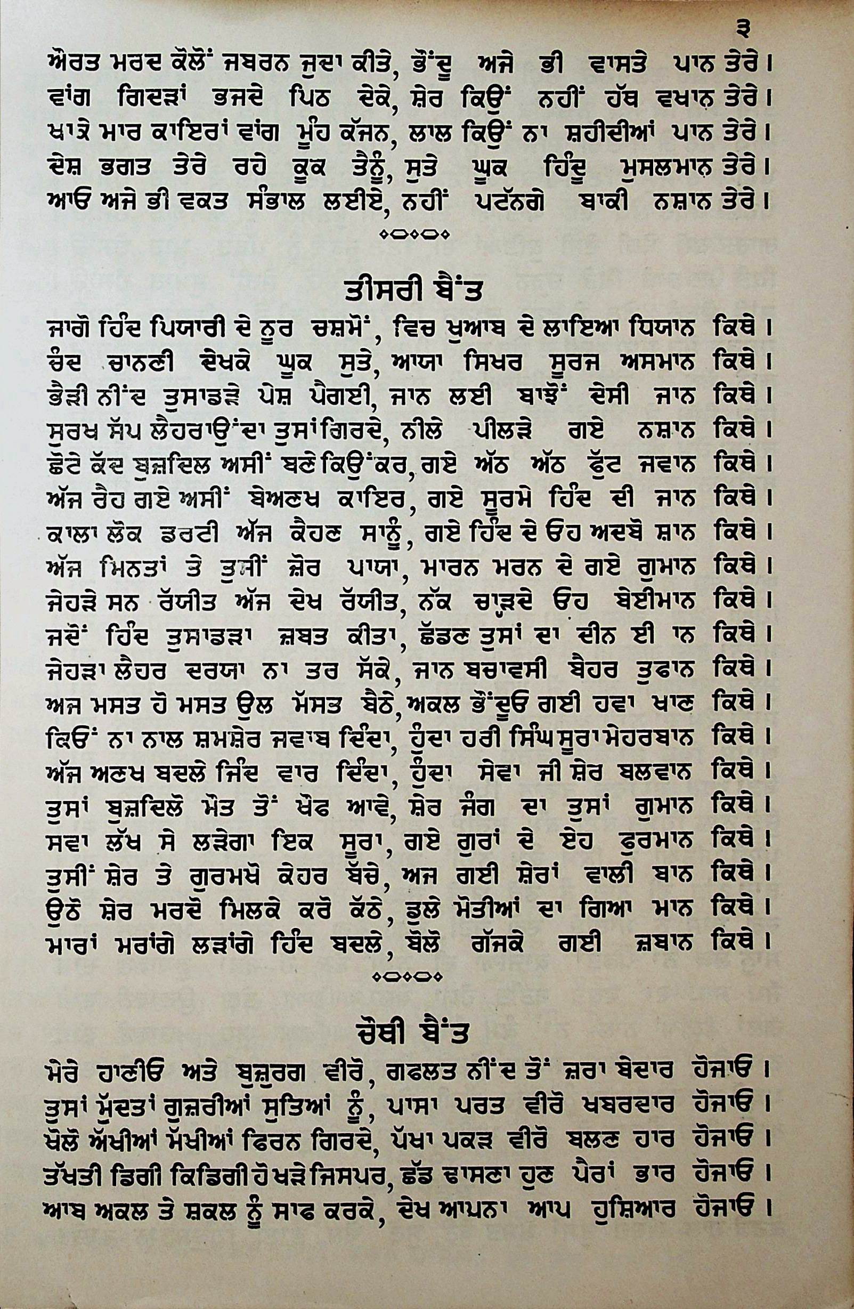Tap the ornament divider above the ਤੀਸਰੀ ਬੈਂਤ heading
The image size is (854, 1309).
415,235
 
